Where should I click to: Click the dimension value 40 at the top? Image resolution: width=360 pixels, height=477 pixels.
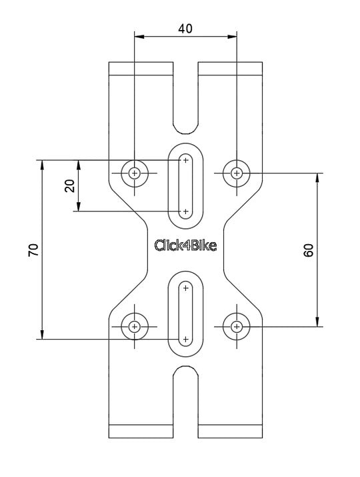tap(185, 28)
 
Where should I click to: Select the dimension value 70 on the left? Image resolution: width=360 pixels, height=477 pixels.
tap(33, 250)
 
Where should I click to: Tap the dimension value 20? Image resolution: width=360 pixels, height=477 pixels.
tap(69, 185)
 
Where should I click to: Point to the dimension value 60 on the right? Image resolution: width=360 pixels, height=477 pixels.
tap(308, 250)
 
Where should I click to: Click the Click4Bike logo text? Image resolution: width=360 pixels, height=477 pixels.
tap(185, 246)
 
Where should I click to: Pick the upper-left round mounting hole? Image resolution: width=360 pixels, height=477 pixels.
tap(135, 173)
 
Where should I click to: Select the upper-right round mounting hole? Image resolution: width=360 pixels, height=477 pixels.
tap(236, 173)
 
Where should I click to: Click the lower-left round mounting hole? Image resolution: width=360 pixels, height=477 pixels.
tap(135, 327)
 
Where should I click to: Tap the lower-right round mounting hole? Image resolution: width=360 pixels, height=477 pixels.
tap(236, 327)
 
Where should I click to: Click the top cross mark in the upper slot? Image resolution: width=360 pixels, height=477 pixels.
tap(185, 160)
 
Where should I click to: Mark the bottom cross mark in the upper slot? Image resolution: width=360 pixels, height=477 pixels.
tap(185, 211)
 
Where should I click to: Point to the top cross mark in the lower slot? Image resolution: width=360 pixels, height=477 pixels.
tap(185, 288)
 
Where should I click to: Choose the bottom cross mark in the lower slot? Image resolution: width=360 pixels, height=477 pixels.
tap(185, 339)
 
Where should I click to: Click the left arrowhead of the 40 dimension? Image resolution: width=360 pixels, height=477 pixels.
tap(139, 37)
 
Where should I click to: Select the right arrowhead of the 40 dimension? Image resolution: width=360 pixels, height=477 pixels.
tap(232, 37)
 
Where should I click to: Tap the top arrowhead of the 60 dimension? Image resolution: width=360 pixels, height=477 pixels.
tap(317, 178)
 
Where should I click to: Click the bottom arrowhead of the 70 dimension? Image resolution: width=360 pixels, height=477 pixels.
tap(42, 334)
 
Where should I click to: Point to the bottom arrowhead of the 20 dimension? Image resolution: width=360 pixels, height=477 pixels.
tap(79, 206)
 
